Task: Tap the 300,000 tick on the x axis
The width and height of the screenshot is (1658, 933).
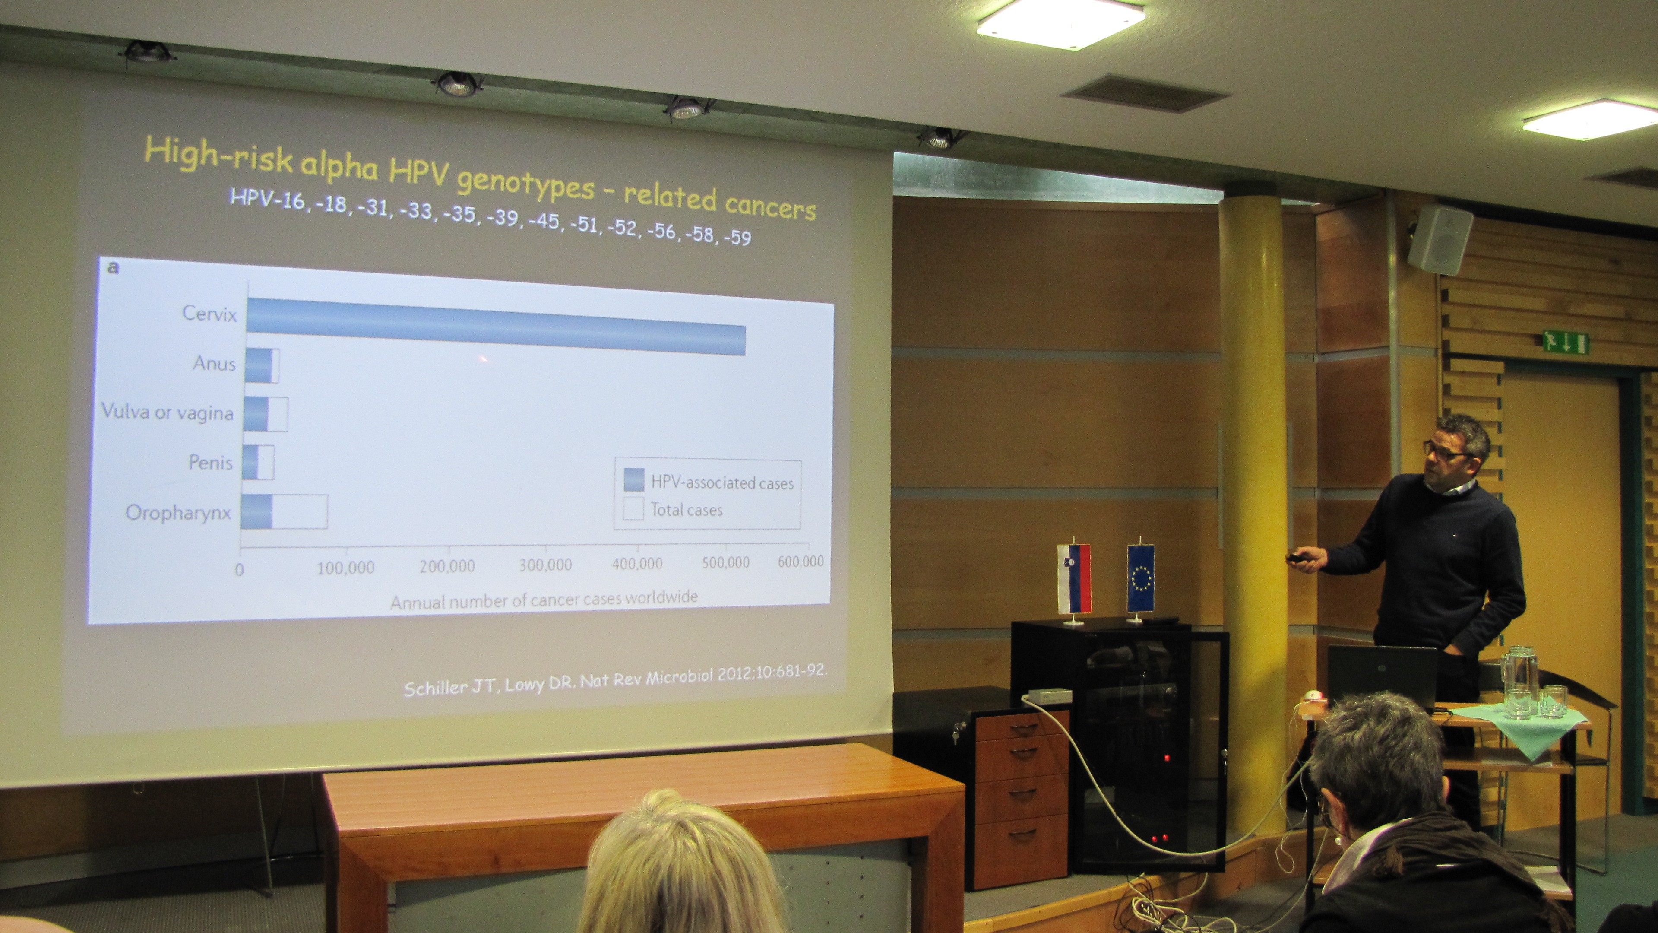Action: [x=545, y=565]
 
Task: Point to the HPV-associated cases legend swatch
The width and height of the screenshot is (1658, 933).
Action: [x=634, y=480]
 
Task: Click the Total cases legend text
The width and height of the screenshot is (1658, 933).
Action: [x=687, y=510]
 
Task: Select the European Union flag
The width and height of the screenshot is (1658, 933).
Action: [x=1140, y=578]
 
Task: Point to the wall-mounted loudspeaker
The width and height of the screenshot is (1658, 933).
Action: [x=1440, y=240]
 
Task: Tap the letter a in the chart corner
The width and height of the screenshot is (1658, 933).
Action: [x=113, y=267]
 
